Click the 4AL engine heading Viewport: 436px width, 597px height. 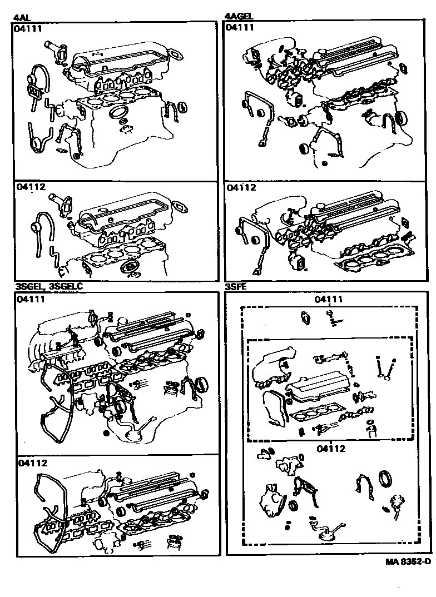click(x=20, y=17)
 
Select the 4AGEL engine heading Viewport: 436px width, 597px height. click(x=239, y=17)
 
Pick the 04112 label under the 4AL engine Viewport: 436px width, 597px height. click(x=28, y=187)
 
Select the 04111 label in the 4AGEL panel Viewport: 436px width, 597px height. click(x=241, y=27)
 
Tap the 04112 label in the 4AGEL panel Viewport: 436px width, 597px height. click(x=241, y=187)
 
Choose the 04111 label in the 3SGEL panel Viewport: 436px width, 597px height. click(x=31, y=299)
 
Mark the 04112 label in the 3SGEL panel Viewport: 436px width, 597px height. click(x=32, y=462)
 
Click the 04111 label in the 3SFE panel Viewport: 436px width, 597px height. click(x=329, y=299)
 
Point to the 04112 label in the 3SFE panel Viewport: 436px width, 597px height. click(x=331, y=449)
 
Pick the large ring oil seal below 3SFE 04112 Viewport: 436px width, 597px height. click(x=385, y=480)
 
